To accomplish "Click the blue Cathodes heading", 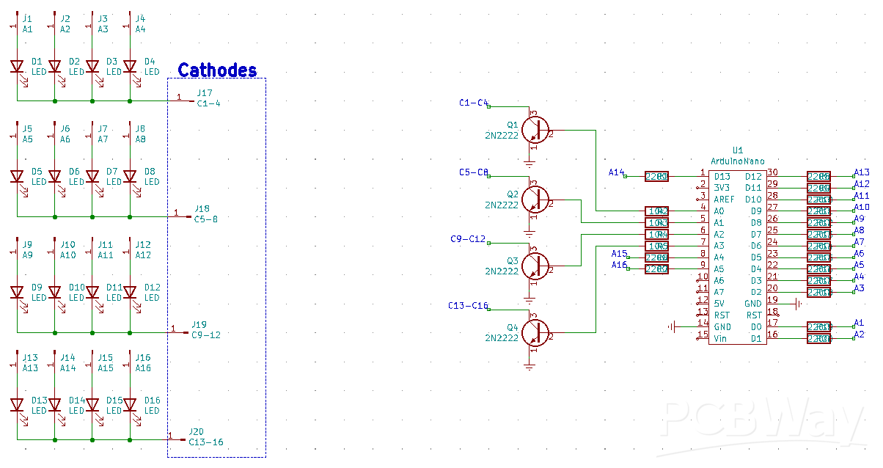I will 217,70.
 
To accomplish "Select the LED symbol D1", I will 17,67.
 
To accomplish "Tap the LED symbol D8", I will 130,176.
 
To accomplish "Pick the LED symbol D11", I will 92,292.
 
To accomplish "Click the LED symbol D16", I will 130,405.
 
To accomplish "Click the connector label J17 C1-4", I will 208,98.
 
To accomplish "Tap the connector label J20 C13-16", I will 205,437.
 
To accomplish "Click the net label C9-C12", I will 468,239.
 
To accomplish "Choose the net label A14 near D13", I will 616,172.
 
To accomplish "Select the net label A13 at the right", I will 862,172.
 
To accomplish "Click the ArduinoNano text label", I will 737,161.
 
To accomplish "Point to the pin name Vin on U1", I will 721,338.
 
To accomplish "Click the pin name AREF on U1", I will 724,200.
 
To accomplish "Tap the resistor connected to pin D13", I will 656,176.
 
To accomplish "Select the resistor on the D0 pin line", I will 818,326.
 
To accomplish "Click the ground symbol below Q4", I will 530,365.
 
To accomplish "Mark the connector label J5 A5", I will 27,134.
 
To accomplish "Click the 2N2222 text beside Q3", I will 501,271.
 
